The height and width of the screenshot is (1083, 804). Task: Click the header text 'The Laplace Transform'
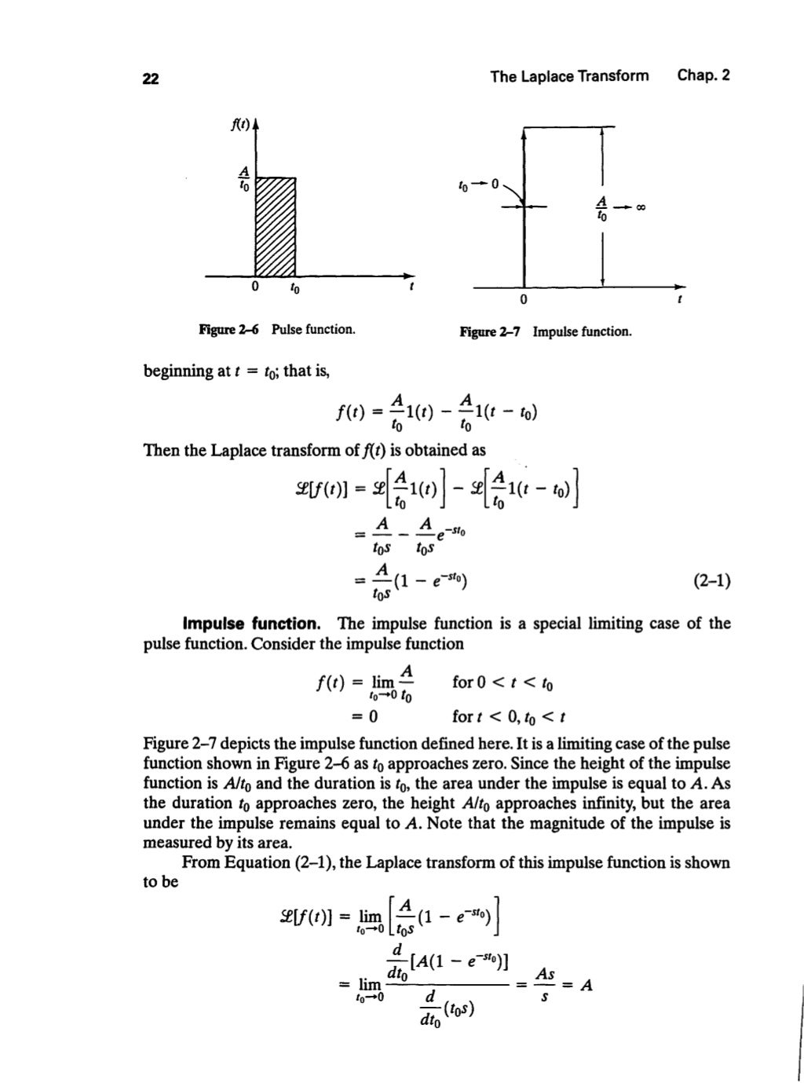569,76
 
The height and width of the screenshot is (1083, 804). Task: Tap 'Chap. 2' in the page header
703,76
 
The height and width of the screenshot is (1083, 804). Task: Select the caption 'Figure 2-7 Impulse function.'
545,331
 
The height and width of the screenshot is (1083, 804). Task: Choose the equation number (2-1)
711,582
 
